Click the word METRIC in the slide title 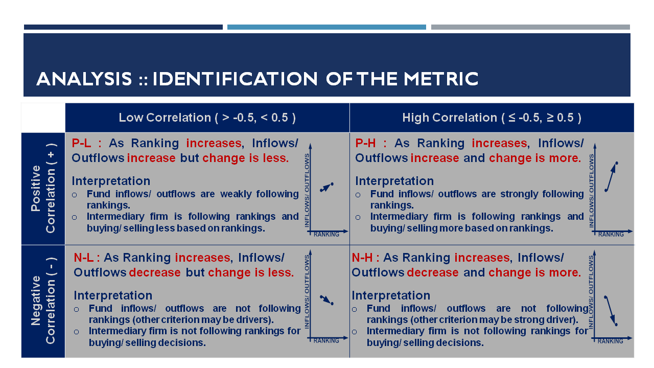click(x=441, y=79)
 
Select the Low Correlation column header click(x=207, y=118)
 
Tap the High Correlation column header click(x=492, y=118)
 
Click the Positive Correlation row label click(x=43, y=189)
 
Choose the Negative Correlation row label click(x=43, y=301)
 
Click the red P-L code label click(x=81, y=143)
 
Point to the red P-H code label click(x=365, y=143)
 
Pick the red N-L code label click(x=83, y=258)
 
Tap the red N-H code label click(x=362, y=258)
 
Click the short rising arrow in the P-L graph click(x=326, y=187)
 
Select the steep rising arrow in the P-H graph click(x=611, y=177)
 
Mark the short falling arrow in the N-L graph click(x=326, y=300)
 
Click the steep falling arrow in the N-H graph click(x=611, y=311)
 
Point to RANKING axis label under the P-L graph click(x=326, y=234)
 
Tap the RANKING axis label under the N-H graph click(x=610, y=341)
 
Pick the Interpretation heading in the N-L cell click(x=113, y=295)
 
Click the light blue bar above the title click(x=326, y=27)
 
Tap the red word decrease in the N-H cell click(x=433, y=272)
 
